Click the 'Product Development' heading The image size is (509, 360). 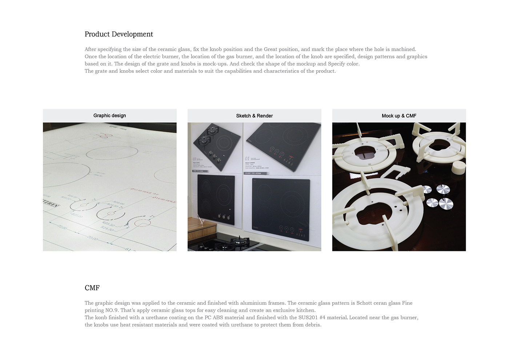[119, 34]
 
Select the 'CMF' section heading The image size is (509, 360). [92, 288]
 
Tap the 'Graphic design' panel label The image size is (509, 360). [109, 116]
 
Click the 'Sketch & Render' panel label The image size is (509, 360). [254, 116]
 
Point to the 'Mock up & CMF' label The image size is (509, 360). [399, 116]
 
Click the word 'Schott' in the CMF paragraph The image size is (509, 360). [364, 303]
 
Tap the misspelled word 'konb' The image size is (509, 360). [101, 317]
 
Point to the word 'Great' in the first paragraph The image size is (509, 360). [270, 49]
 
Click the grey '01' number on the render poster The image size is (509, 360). [247, 159]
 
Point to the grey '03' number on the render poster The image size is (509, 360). [195, 159]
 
